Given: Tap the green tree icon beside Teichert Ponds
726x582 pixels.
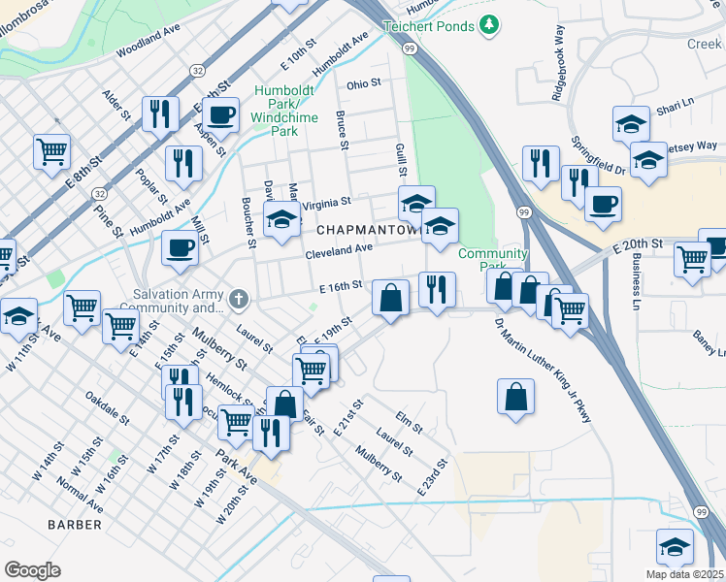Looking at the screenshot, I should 491,23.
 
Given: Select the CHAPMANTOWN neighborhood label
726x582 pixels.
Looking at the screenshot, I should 368,230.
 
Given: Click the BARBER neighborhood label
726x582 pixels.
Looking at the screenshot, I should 75,525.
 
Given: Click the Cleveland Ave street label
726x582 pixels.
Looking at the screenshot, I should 339,249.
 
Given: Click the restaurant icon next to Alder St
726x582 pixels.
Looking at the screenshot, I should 160,113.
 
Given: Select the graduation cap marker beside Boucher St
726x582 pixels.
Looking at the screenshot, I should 282,219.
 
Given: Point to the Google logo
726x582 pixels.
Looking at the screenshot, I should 32,570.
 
